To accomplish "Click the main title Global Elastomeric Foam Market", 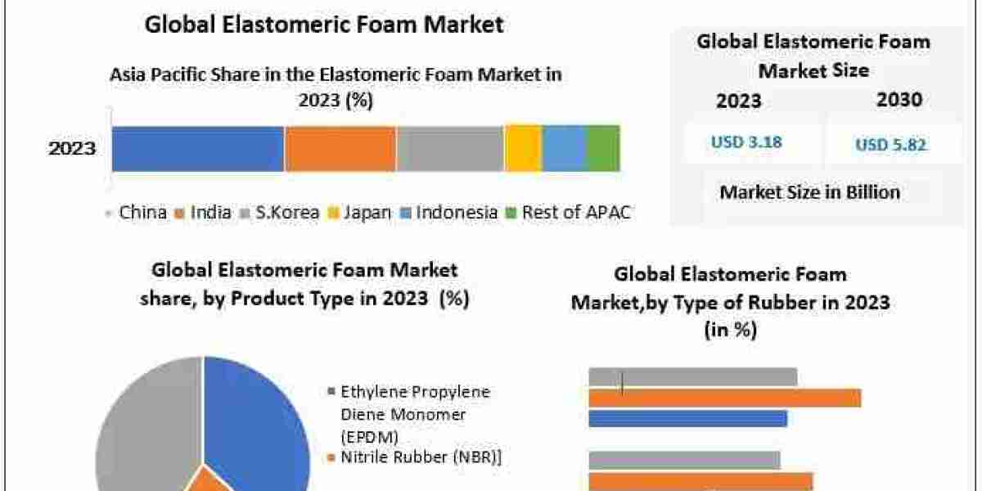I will [x=324, y=25].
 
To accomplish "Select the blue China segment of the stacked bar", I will [x=198, y=148].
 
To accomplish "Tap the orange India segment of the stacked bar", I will [x=340, y=148].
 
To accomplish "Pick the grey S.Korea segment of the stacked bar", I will [x=450, y=148].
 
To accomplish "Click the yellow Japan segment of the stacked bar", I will [x=523, y=148].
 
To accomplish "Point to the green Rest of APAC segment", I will [x=603, y=148].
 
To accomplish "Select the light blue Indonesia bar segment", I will [x=564, y=148].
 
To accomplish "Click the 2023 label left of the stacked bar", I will [x=72, y=149].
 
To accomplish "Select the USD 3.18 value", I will [x=746, y=142].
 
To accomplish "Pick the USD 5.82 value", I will [x=891, y=145].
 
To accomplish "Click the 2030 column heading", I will [x=899, y=100].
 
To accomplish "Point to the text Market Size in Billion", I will [x=809, y=192].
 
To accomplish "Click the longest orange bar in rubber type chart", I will [x=724, y=398].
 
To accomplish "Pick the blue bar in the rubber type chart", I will [x=687, y=418].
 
